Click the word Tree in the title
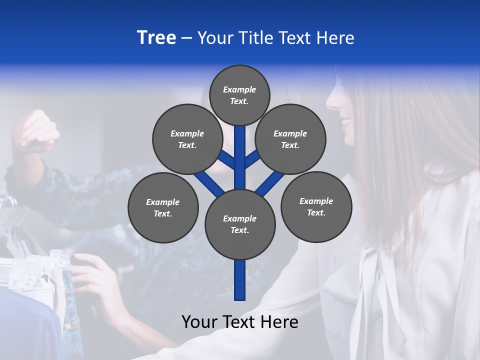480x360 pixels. click(156, 38)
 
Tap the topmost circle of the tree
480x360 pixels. click(239, 95)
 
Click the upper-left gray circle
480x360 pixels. click(187, 139)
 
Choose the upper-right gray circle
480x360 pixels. click(290, 139)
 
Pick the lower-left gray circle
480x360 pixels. click(163, 207)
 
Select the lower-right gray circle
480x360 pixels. click(316, 206)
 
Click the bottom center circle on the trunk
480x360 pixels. click(239, 224)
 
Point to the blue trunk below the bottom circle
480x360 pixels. click(240, 280)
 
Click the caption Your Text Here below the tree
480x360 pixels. click(239, 322)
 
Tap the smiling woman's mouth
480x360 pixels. click(346, 121)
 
